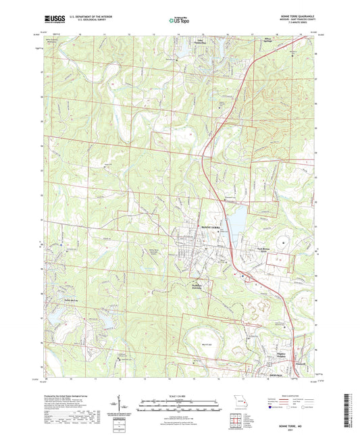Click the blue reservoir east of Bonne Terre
[238, 216]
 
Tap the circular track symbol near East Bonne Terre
[282, 241]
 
